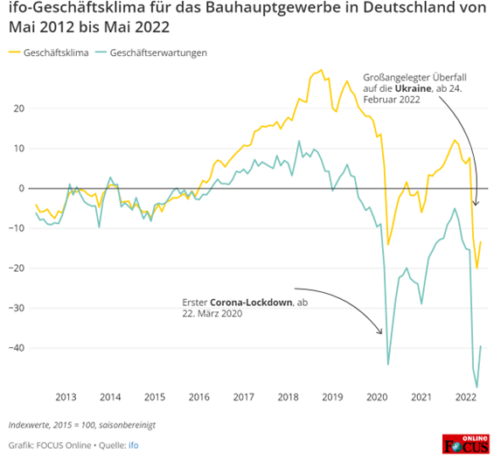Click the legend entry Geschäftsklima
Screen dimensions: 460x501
tap(58, 53)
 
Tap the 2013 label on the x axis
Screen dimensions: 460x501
tap(66, 397)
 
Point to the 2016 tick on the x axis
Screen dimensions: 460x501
tap(198, 397)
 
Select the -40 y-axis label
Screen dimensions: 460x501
tap(15, 348)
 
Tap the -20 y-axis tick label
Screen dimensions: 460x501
tap(15, 268)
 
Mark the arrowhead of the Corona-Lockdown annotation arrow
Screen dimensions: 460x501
tap(381, 333)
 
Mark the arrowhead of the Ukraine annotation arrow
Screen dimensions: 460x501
tap(476, 205)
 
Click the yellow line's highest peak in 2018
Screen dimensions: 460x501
tap(321, 71)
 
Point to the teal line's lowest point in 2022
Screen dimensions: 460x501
tap(477, 387)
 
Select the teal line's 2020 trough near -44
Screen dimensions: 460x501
tap(388, 364)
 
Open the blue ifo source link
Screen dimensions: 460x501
tap(134, 445)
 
